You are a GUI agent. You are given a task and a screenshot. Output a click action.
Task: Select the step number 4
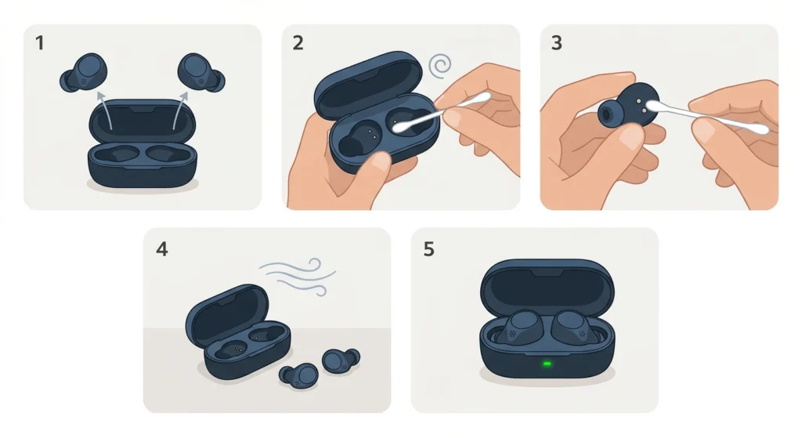pos(161,249)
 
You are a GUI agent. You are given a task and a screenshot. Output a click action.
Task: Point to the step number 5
pos(428,249)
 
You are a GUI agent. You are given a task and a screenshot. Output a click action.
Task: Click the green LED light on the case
pos(547,364)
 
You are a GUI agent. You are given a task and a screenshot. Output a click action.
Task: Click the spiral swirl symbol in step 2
pos(443,66)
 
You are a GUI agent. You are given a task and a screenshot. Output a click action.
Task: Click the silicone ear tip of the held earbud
pos(608,117)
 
